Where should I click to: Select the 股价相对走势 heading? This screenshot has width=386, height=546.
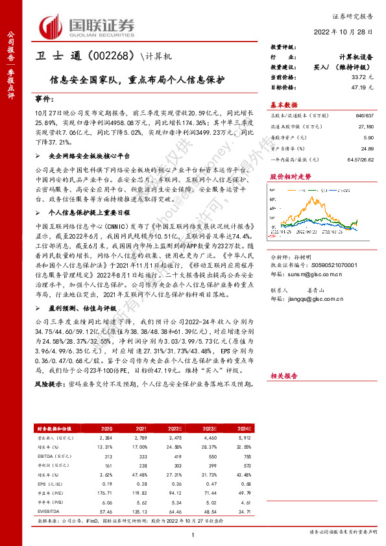pos(290,176)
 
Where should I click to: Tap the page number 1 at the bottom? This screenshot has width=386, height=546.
pos(193,534)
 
